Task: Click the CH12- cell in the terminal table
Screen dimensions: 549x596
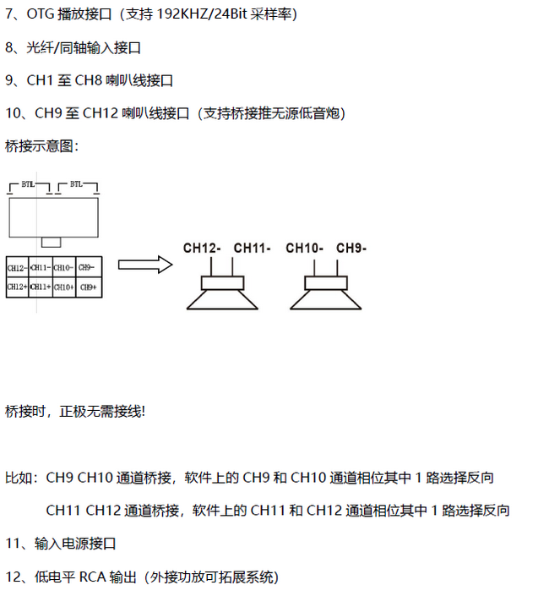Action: click(x=18, y=268)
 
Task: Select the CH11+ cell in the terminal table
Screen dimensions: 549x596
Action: click(x=41, y=287)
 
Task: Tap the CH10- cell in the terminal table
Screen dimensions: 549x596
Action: click(x=64, y=268)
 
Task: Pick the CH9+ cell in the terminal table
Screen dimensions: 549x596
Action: click(x=89, y=287)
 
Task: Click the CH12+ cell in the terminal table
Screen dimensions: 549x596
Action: click(x=18, y=287)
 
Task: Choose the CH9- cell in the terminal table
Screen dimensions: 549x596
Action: click(x=89, y=268)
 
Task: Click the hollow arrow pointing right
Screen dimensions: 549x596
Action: click(x=145, y=265)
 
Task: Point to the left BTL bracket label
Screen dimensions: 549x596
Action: click(x=28, y=184)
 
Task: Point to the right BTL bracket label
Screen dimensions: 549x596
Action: click(x=76, y=184)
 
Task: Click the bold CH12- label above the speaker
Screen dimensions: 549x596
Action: click(x=202, y=249)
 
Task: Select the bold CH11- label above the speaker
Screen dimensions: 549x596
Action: click(x=252, y=249)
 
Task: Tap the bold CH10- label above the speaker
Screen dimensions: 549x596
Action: click(x=305, y=249)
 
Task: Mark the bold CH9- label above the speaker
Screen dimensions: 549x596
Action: click(x=351, y=249)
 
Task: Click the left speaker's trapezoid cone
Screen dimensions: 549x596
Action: click(x=222, y=300)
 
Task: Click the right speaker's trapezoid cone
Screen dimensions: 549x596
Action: click(x=326, y=300)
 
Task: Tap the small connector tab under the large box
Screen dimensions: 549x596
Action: click(x=52, y=242)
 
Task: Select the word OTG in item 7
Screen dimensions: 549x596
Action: click(x=41, y=14)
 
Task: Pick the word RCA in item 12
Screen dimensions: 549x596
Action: click(x=92, y=577)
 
